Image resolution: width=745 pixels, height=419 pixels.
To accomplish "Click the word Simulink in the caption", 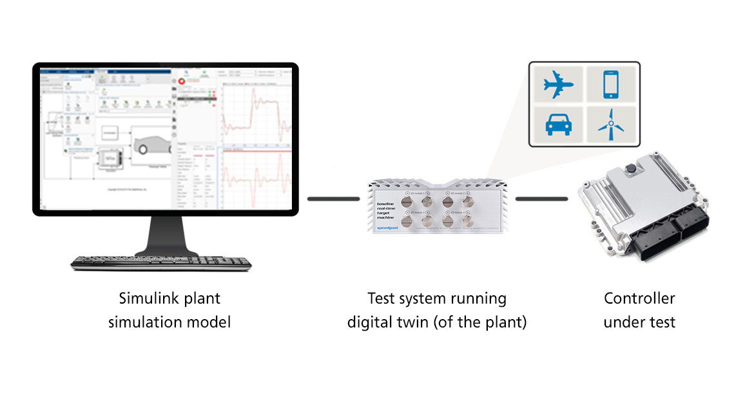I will click(147, 299).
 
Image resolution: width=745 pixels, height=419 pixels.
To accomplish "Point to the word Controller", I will click(639, 299).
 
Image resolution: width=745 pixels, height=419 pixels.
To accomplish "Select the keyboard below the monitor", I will click(160, 262).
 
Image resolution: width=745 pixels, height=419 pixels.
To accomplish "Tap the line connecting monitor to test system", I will click(332, 199).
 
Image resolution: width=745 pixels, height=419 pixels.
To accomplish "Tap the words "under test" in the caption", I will click(639, 322).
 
